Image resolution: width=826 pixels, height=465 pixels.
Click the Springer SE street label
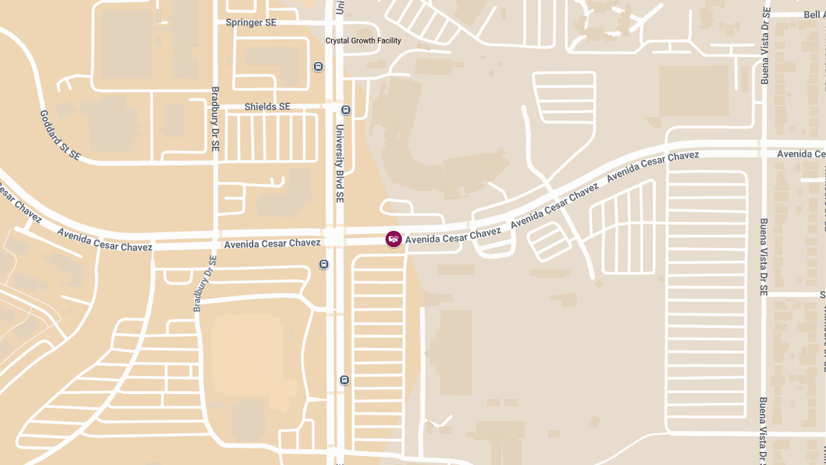251,23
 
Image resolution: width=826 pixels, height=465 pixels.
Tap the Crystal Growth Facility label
363,41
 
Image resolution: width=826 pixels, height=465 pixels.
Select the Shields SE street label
267,107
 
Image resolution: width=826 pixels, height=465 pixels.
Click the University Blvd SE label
339,163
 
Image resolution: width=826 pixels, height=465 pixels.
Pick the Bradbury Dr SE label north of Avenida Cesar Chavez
215,119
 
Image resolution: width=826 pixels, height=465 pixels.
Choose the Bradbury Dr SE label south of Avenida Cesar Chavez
204,283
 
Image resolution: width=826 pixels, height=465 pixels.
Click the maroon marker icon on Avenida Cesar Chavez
394,239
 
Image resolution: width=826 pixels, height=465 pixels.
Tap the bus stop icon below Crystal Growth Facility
318,67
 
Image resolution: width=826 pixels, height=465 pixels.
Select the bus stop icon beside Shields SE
346,109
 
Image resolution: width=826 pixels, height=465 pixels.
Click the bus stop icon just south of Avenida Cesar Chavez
324,265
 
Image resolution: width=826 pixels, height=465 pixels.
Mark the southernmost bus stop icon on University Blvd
344,380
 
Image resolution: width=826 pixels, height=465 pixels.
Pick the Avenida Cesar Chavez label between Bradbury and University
272,243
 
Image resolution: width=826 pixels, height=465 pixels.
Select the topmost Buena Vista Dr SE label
765,45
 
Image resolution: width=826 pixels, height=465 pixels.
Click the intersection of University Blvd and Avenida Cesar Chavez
335,238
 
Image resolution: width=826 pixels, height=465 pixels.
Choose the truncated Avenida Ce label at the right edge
801,154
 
